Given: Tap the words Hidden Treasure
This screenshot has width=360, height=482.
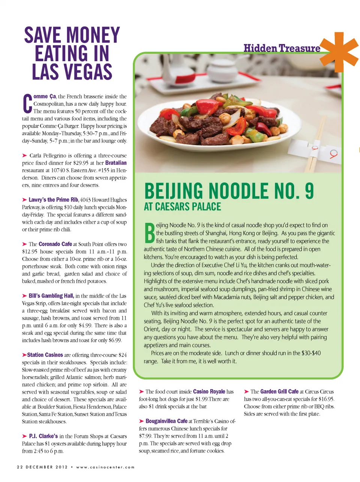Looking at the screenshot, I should coord(282,48).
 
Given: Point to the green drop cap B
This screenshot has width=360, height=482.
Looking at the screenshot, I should coord(149,233).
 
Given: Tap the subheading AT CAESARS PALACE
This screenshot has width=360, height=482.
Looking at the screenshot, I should coord(182,206).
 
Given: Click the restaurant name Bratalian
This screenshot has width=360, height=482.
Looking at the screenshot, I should coord(115,163).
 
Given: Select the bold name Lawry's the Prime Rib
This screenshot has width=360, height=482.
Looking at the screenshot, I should coord(53,200).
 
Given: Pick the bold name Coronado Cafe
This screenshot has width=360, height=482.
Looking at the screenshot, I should coord(55,244).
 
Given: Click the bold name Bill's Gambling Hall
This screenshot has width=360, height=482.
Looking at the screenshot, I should coord(51,296).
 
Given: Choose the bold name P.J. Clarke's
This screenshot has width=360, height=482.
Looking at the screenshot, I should coord(43,436).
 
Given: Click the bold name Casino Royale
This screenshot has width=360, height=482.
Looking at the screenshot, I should coord(209,392).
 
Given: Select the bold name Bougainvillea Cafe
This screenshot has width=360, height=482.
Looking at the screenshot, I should coord(166,421).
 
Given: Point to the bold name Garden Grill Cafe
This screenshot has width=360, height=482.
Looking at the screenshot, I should coord(279,392).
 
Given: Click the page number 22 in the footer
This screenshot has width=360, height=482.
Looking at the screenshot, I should coord(19,467).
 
